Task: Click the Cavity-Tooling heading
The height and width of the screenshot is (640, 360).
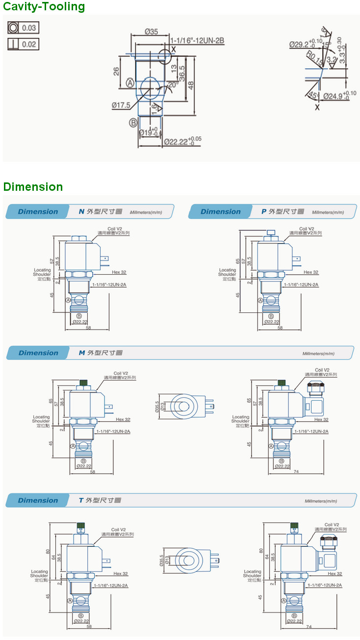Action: pos(44,7)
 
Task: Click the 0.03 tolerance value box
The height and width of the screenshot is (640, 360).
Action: pos(29,27)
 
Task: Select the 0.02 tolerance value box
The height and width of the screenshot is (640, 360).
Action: pos(29,44)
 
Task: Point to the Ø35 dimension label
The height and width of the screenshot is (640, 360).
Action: pos(152,32)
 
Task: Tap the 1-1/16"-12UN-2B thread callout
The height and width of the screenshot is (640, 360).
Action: pos(197,41)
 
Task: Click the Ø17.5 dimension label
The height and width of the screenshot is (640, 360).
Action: pos(121,105)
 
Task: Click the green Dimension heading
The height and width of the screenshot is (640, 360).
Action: pos(33,187)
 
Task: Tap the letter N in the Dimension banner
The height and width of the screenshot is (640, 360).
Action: pos(81,212)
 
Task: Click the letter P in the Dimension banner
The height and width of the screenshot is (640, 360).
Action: pos(264,212)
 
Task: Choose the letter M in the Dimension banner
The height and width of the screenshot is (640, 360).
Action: pos(82,353)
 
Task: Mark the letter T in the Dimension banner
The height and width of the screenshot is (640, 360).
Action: pos(81,501)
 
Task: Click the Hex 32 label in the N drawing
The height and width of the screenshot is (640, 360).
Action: pos(119,272)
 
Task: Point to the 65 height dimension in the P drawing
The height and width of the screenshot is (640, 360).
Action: pos(238,261)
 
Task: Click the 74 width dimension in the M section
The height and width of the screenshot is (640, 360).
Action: pos(296,472)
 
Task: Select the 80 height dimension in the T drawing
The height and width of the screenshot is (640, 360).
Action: pos(48,551)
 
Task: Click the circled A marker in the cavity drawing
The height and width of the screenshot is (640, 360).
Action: pos(130,83)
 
